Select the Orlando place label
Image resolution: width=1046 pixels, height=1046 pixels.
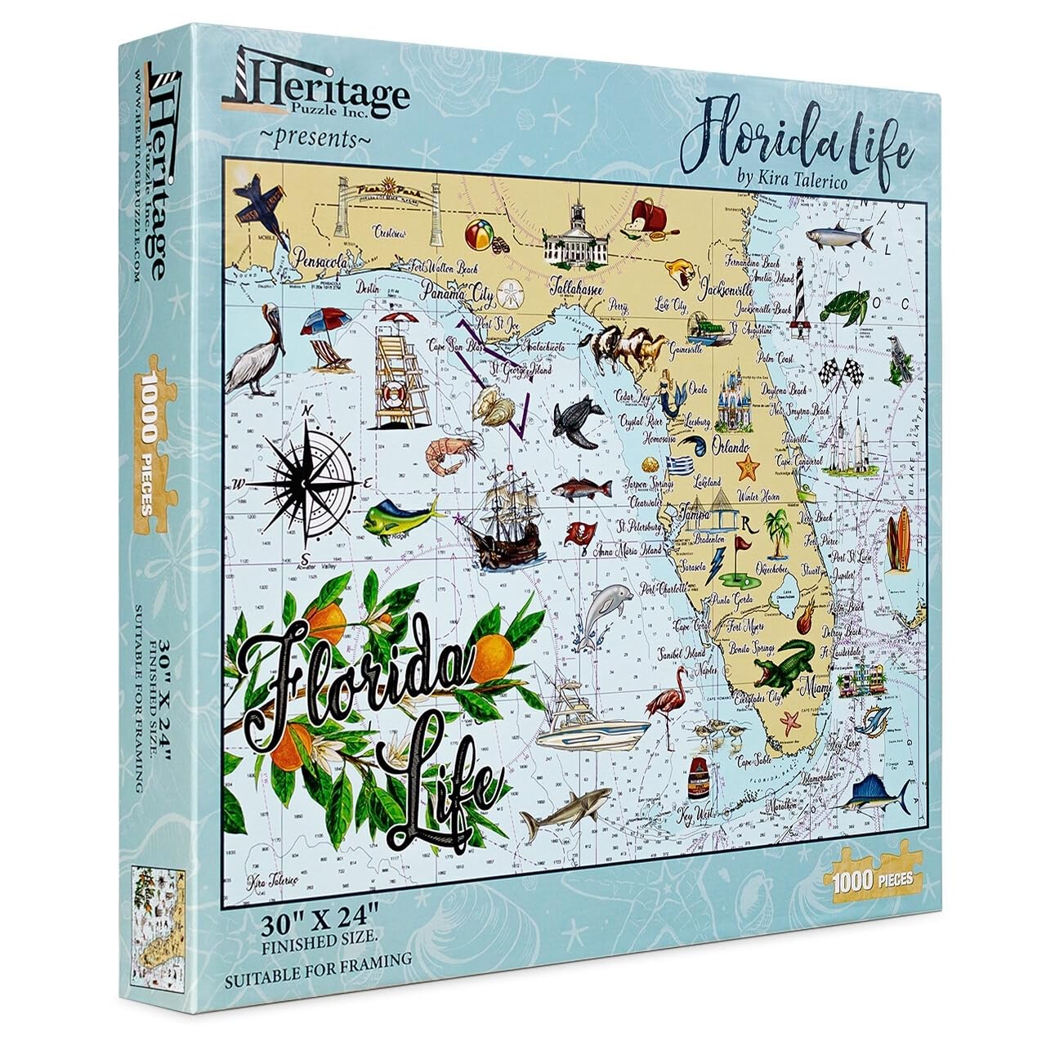click(731, 447)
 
